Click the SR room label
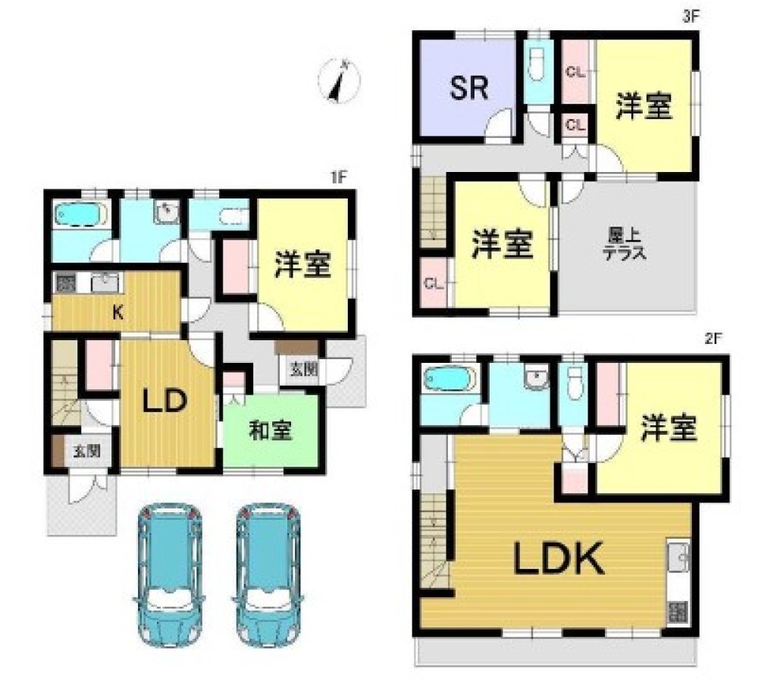(469, 89)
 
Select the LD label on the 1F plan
(166, 402)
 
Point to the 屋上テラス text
(625, 246)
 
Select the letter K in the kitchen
(118, 311)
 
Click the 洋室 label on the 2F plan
(668, 429)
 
